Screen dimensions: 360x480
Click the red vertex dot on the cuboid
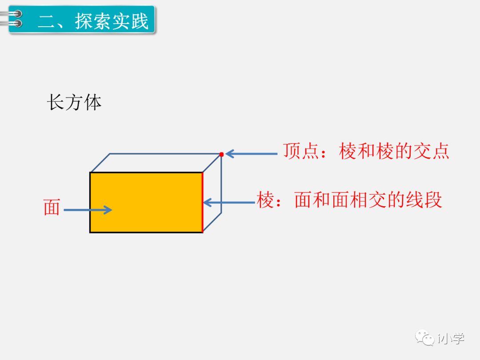pos(221,154)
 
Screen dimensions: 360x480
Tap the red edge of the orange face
pos(203,202)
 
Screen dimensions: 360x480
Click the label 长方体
pos(74,103)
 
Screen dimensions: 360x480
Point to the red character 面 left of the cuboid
pos(52,208)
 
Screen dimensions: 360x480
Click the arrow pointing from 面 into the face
pos(88,210)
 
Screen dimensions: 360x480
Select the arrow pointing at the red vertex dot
pos(251,154)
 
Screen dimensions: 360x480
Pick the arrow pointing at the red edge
pos(229,203)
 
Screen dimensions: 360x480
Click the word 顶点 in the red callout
pos(302,151)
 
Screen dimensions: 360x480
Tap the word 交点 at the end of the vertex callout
pos(431,151)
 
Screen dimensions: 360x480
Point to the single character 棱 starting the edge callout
pos(265,200)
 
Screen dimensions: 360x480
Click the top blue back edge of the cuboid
pos(164,154)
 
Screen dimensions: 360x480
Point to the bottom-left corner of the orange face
pos(90,232)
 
